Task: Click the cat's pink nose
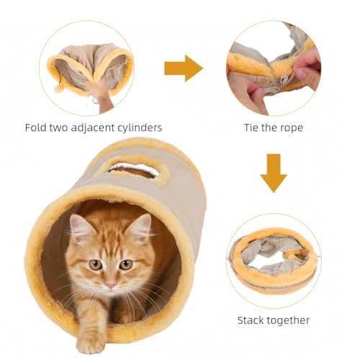coord(109,285)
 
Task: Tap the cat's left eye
coord(94,264)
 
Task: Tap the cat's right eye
coord(125,264)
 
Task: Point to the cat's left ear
coord(80,228)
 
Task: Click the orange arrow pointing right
coord(183,68)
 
